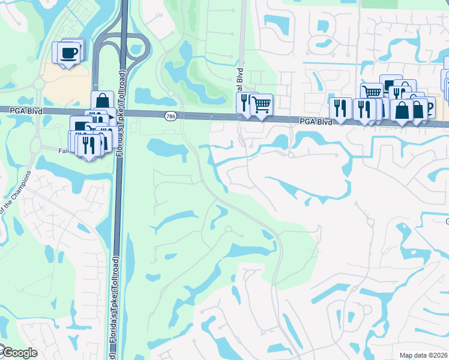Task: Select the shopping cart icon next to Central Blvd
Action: click(262, 104)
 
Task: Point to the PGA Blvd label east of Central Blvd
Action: click(316, 121)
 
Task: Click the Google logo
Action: click(19, 353)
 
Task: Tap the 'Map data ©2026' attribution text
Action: click(423, 356)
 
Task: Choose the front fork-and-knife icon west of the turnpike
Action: click(88, 146)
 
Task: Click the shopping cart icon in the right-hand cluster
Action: click(372, 92)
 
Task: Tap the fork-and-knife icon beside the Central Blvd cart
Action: click(245, 103)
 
